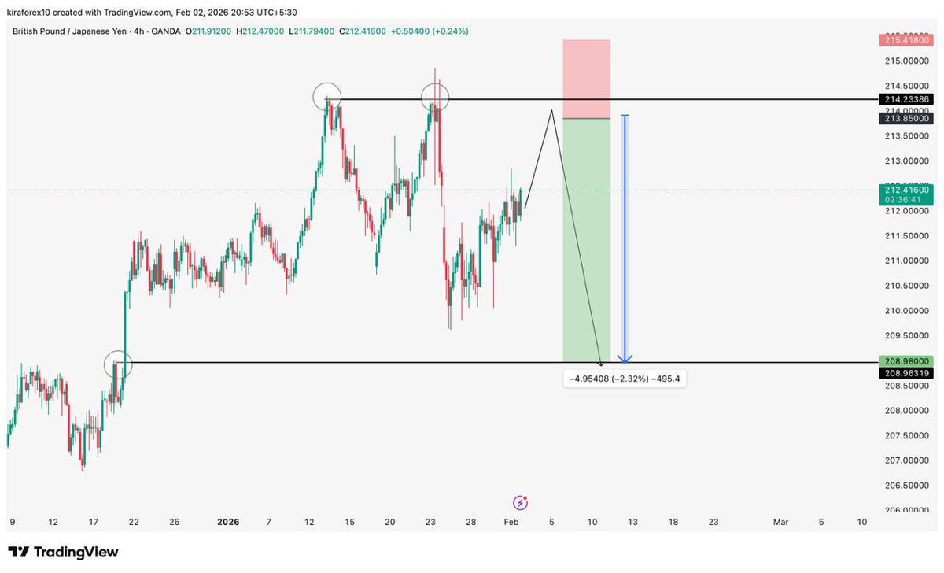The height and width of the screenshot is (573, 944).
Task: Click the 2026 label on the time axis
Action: [x=228, y=522]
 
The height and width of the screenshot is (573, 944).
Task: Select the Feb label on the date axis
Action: [x=511, y=522]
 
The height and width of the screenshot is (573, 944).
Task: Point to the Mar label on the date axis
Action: [x=780, y=522]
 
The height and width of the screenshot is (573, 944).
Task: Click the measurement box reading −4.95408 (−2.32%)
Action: [x=625, y=379]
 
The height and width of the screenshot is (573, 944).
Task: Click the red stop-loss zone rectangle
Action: [x=587, y=79]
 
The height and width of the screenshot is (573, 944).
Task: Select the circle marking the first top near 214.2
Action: [x=327, y=98]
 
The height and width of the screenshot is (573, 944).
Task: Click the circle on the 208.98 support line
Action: [x=118, y=364]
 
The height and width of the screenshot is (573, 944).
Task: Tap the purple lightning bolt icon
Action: [x=520, y=502]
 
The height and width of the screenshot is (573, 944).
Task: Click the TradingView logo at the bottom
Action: [x=63, y=552]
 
